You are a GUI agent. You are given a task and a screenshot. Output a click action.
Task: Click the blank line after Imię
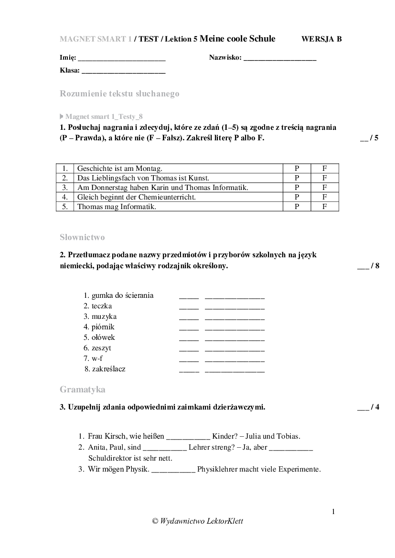121,59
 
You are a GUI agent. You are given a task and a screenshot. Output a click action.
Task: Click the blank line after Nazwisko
280,59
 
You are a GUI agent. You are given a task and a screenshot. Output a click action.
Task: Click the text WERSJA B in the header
321,39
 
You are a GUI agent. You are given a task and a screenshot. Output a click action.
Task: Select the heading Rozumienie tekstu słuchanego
119,94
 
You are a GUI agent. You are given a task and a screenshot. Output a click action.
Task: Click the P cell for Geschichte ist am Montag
297,168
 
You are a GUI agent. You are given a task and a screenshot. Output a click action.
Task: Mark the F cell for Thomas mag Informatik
324,207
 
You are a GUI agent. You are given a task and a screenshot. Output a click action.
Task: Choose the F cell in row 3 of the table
324,188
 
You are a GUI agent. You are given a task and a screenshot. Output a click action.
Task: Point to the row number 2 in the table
65,178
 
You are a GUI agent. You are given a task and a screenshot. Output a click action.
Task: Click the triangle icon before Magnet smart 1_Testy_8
62,116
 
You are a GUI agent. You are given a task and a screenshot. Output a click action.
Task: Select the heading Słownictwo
82,237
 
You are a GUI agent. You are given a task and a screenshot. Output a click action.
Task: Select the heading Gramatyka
83,390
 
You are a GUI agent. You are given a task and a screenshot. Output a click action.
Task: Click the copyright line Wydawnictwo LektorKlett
197,521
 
